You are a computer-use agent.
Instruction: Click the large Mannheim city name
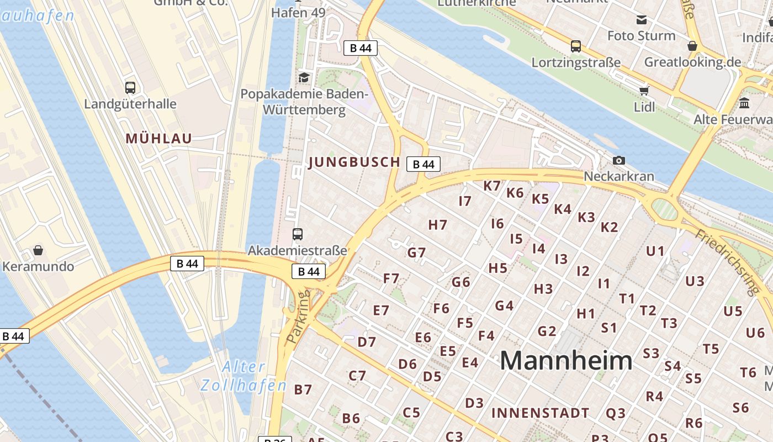[566, 361]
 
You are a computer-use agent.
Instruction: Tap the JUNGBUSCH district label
[354, 162]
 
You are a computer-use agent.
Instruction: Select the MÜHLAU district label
[158, 139]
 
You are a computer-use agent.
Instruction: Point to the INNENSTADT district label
[540, 413]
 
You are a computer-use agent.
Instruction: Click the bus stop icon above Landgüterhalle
[130, 88]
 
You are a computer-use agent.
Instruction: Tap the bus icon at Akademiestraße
[298, 234]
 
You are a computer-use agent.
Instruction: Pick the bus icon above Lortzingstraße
[576, 46]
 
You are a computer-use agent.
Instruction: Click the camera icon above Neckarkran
[619, 161]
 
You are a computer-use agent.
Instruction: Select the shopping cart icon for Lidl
[644, 91]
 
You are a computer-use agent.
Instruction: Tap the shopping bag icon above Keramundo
[38, 251]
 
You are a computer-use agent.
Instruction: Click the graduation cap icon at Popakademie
[304, 77]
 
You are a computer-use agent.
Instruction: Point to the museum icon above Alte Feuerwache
[744, 103]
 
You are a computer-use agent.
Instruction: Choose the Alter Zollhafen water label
[243, 376]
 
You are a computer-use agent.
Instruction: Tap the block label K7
[492, 186]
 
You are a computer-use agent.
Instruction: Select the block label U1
[655, 251]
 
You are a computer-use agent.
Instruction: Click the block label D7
[367, 342]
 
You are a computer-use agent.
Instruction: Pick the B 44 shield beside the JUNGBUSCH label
[423, 164]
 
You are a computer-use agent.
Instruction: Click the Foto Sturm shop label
[641, 36]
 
